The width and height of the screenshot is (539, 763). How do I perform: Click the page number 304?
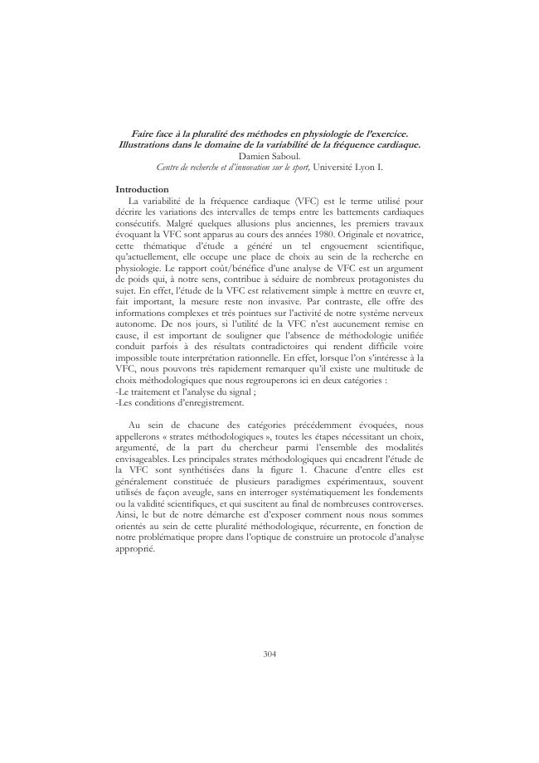pyautogui.click(x=269, y=654)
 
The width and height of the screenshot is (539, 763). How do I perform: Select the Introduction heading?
pyautogui.click(x=142, y=189)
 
